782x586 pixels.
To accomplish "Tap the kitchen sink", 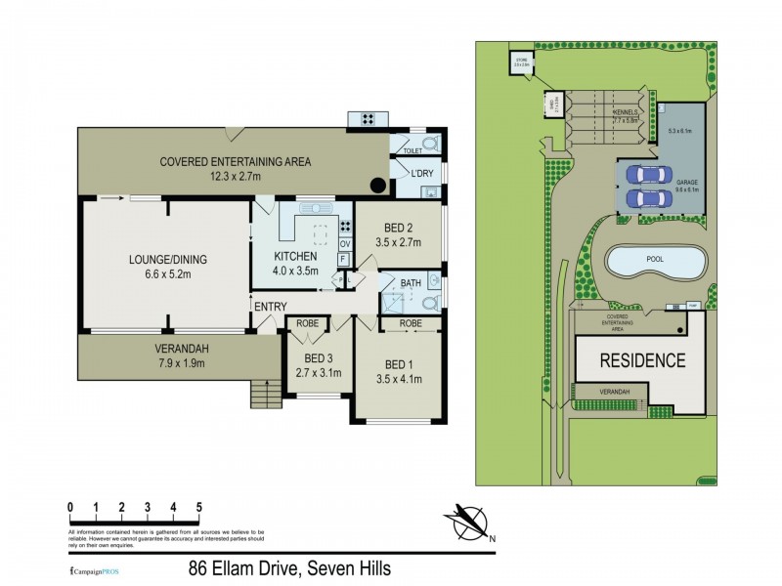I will [315, 207].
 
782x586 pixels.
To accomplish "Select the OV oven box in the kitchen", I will [344, 244].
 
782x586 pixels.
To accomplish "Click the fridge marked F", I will [344, 259].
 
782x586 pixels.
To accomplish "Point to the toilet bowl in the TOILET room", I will [430, 144].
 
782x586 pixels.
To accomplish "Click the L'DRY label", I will [410, 173].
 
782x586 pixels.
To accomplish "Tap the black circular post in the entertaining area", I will [376, 186].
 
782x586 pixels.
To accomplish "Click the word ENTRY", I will [270, 307].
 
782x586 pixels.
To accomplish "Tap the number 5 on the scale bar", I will [198, 507].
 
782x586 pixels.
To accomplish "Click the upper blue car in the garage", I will [646, 174].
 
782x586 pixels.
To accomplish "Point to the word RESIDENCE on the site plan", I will [641, 359].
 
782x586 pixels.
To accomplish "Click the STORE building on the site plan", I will [519, 64].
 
